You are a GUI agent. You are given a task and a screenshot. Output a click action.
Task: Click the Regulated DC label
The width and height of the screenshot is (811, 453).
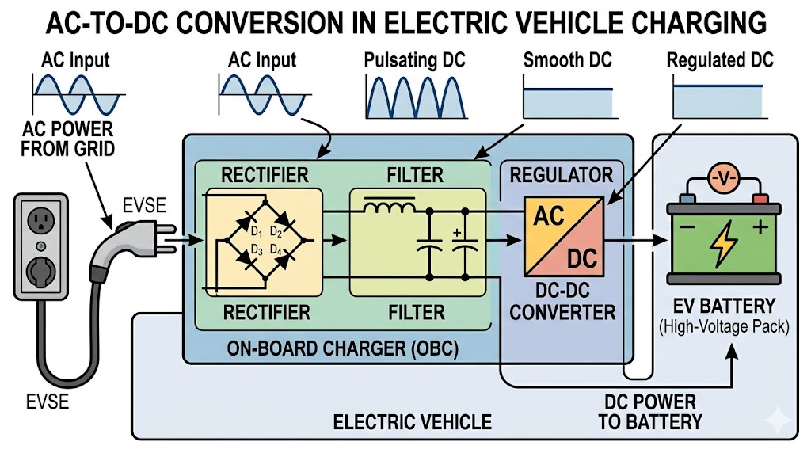point(720,61)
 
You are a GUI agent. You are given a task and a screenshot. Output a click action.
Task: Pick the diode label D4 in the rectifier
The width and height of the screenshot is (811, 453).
point(277,251)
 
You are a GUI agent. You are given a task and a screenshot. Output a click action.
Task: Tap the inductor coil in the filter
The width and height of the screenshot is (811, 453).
point(388,209)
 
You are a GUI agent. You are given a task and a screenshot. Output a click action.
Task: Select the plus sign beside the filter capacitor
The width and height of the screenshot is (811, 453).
point(457,234)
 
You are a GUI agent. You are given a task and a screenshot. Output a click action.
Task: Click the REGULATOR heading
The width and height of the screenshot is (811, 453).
point(562,174)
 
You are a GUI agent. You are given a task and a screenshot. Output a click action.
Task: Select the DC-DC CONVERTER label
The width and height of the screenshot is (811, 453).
point(562,302)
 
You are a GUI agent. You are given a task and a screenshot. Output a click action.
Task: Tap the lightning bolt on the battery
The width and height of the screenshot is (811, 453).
point(723,246)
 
